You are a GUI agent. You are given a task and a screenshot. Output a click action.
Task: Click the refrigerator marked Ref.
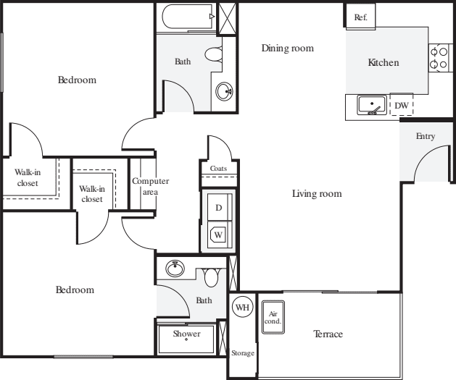(360, 16)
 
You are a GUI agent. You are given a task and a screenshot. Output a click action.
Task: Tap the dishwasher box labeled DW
(402, 105)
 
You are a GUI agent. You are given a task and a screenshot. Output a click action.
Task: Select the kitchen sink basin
(372, 104)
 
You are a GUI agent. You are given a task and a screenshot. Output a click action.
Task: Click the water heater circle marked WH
(243, 307)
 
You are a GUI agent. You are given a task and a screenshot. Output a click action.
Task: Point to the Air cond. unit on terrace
(273, 317)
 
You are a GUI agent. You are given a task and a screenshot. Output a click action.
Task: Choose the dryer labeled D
(220, 207)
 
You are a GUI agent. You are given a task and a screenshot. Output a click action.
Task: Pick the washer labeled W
(220, 235)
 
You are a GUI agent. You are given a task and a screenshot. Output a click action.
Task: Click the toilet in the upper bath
(215, 54)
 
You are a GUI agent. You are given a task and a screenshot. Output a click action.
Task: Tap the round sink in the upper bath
(224, 91)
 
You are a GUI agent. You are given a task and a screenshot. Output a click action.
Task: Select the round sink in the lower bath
(175, 269)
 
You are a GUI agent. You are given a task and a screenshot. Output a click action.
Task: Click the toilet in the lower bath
(212, 277)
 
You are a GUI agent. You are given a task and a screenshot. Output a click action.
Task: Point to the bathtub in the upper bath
(188, 17)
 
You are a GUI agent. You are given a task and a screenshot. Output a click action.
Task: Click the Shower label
(186, 334)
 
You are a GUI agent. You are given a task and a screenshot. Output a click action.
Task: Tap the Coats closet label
(218, 169)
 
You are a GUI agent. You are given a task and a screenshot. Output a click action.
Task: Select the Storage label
(243, 353)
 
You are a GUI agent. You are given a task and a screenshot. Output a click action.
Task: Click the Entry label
(426, 136)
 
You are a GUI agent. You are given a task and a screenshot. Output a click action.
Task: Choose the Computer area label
(150, 186)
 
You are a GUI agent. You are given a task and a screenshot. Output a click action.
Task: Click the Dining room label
(288, 48)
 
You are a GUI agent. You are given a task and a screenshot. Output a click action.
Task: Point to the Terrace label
(328, 334)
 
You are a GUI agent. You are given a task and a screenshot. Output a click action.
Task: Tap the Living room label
(317, 194)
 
